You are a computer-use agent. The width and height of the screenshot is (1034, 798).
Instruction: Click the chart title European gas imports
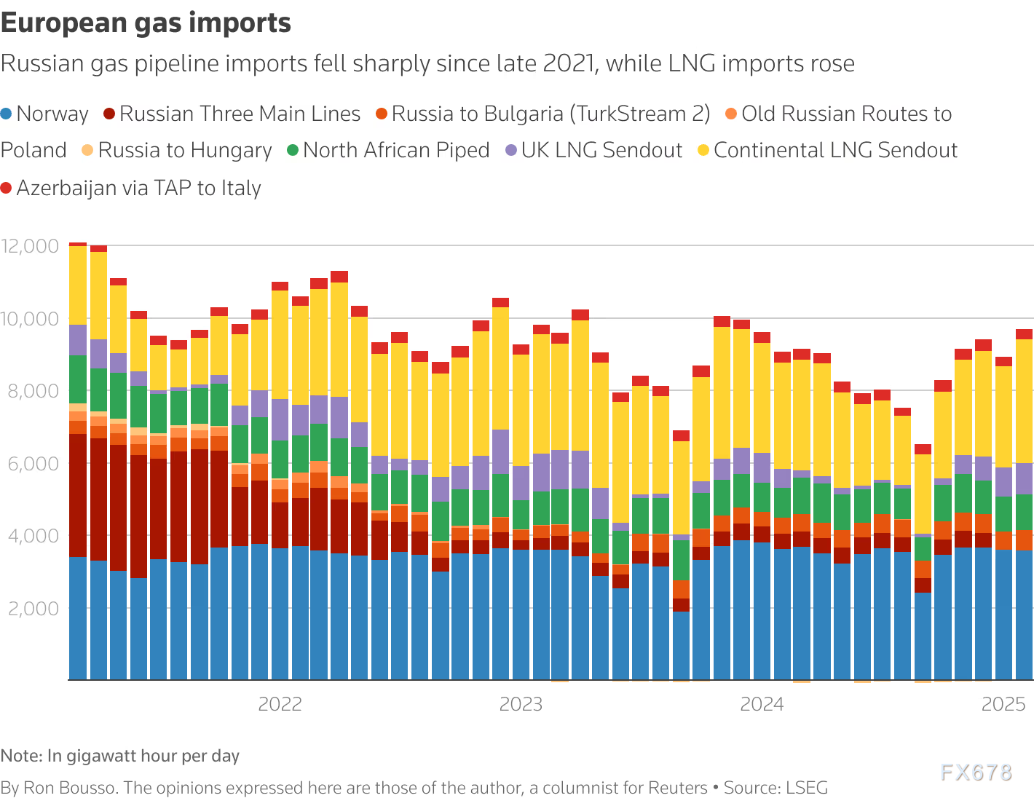(146, 23)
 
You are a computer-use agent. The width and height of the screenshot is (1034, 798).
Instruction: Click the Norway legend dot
(7, 114)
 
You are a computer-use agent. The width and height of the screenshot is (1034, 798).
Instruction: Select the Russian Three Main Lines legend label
(240, 114)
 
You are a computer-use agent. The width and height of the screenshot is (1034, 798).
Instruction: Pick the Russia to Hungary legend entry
(184, 151)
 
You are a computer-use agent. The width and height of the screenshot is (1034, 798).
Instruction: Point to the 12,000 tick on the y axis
(30, 246)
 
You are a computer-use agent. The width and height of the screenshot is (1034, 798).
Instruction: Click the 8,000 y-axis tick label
(30, 391)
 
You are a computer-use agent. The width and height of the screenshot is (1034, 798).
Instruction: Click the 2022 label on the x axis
(280, 704)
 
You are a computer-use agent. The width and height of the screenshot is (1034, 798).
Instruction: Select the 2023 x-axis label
(521, 704)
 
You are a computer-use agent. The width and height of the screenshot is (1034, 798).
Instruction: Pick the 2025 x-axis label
(1003, 704)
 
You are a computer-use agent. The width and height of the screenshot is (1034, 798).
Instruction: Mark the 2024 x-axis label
(762, 704)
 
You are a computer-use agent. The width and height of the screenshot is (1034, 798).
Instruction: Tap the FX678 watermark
(976, 772)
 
